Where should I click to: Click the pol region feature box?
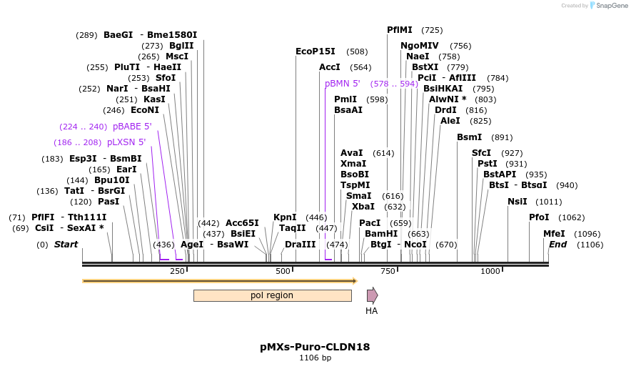click(x=272, y=295)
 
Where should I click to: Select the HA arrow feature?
click(x=372, y=295)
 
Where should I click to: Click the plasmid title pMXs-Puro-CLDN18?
click(x=315, y=347)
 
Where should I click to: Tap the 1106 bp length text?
click(x=315, y=358)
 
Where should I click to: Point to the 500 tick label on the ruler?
click(x=283, y=272)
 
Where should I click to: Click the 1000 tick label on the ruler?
click(x=490, y=272)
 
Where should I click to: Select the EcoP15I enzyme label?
click(x=315, y=51)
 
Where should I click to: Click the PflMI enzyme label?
click(x=400, y=30)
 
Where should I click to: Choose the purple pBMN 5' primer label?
click(x=343, y=84)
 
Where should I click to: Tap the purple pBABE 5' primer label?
click(x=132, y=127)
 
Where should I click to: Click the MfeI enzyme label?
click(x=554, y=233)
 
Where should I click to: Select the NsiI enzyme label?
click(x=518, y=202)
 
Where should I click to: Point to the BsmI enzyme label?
click(x=470, y=137)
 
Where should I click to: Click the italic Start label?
click(x=66, y=245)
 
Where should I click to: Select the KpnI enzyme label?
click(x=285, y=217)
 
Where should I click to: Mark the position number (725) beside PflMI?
click(x=432, y=30)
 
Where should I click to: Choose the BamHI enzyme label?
click(x=381, y=233)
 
